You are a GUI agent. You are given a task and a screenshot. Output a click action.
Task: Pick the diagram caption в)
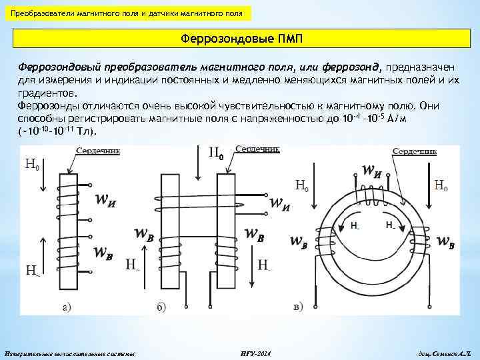(298, 307)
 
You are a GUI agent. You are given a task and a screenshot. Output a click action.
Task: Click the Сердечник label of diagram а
(97, 151)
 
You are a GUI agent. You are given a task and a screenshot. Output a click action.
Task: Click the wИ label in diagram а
(108, 199)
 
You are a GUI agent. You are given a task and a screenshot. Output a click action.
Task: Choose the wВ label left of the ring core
(298, 241)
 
